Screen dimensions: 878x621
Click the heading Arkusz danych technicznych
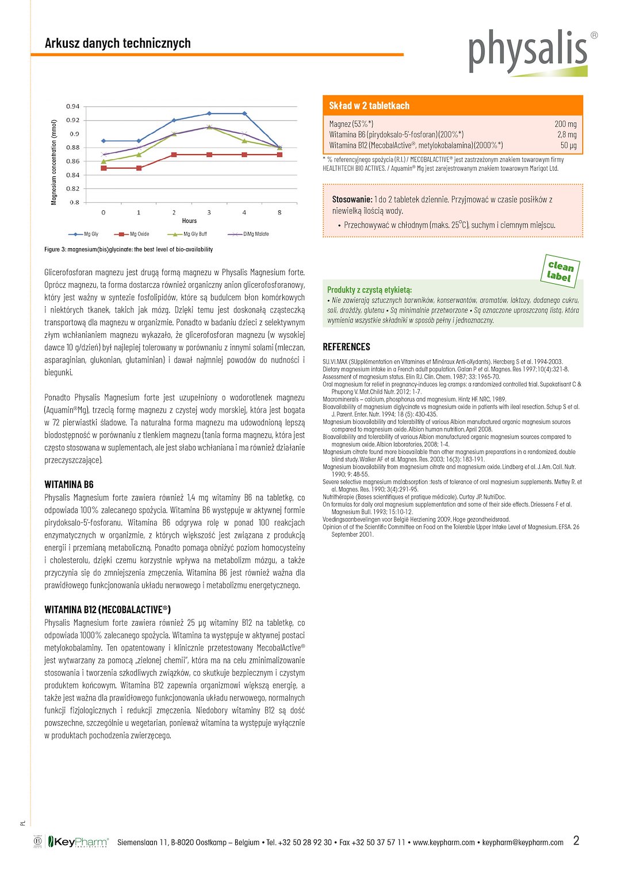118,43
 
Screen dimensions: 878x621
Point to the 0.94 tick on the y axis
73,106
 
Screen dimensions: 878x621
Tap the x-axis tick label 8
280,213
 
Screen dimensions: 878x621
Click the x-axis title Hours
189,221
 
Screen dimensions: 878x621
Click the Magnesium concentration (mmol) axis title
54,162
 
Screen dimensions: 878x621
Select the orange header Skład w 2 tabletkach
369,106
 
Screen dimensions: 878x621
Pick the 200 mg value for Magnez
565,124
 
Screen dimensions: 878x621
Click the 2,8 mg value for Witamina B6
566,134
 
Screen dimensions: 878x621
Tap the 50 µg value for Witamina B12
568,145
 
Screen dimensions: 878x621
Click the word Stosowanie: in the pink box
352,199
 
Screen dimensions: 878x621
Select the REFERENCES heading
346,346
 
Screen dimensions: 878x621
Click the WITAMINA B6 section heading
69,484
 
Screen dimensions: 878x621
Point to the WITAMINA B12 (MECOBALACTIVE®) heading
108,610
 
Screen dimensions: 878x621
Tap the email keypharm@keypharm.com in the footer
523,842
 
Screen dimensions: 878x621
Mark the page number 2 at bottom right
576,841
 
